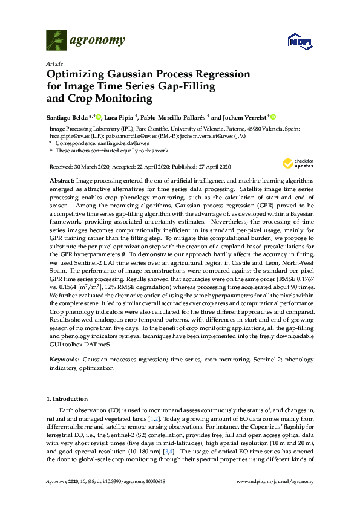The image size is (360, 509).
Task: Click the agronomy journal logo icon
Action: [x=56, y=41]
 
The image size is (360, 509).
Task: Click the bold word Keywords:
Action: [x=64, y=360]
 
